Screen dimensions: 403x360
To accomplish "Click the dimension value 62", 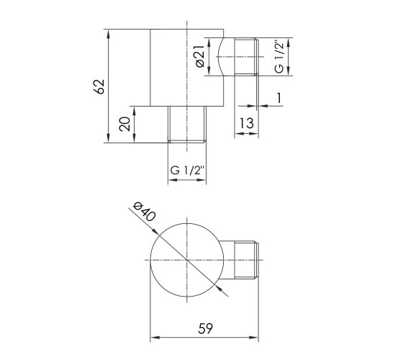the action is point(99,86).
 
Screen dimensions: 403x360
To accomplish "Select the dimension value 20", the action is point(125,124).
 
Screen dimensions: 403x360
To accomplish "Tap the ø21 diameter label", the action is point(200,57).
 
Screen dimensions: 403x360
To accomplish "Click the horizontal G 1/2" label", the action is point(187,170).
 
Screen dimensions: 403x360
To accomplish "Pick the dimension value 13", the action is point(246,123).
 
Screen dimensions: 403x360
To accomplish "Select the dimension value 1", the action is point(279,98).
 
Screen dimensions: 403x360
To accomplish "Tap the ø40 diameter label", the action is point(144,212).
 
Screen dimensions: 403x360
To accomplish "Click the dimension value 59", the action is point(206,328).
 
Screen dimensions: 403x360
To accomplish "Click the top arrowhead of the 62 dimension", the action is point(108,33).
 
